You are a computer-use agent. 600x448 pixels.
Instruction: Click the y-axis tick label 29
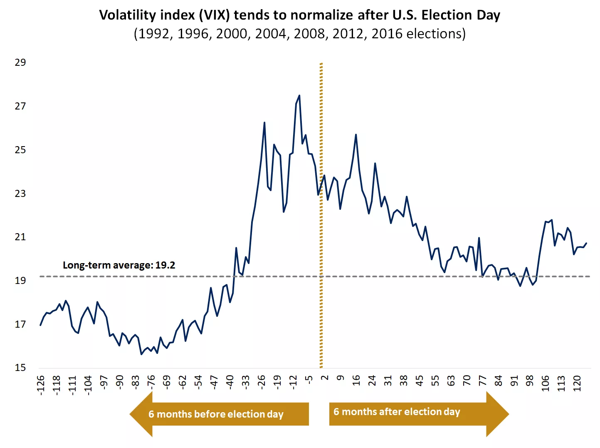(x=20, y=62)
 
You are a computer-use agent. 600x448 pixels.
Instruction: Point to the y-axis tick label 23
(x=20, y=194)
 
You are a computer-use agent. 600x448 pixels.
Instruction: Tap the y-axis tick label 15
(x=20, y=368)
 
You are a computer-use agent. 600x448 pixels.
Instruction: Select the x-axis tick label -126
(x=40, y=385)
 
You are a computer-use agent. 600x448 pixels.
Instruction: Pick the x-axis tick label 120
(x=577, y=383)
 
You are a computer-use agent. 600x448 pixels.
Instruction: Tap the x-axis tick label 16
(x=356, y=381)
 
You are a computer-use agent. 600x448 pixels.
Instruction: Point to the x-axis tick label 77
(x=482, y=381)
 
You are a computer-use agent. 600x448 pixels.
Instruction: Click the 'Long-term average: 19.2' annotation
(x=119, y=265)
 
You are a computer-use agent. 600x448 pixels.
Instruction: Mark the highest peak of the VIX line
(x=299, y=96)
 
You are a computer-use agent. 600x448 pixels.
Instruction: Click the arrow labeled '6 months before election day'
(x=219, y=414)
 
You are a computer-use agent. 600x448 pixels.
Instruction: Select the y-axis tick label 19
(x=20, y=281)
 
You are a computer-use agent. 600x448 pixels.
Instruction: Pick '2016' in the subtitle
(x=388, y=34)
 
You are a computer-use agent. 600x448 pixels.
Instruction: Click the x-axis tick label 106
(x=546, y=383)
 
